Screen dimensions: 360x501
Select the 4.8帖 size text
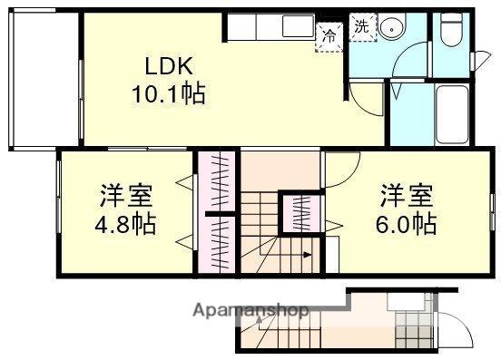(x=126, y=223)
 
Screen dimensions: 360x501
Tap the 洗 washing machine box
(x=361, y=27)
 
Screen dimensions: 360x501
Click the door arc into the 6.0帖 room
(x=341, y=170)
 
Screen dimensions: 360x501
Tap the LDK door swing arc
(x=366, y=100)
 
